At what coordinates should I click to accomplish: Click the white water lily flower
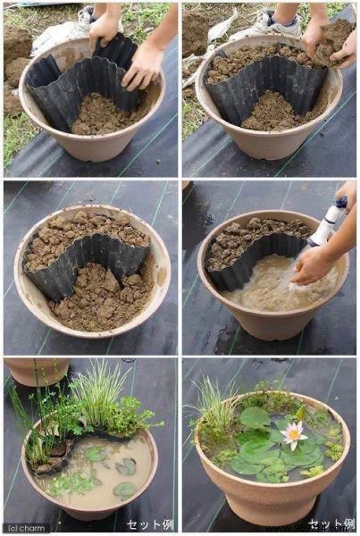292,434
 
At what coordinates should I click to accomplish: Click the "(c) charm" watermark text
27,527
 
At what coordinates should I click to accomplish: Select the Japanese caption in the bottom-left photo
149,524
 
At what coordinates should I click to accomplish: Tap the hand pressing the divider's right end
143,67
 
